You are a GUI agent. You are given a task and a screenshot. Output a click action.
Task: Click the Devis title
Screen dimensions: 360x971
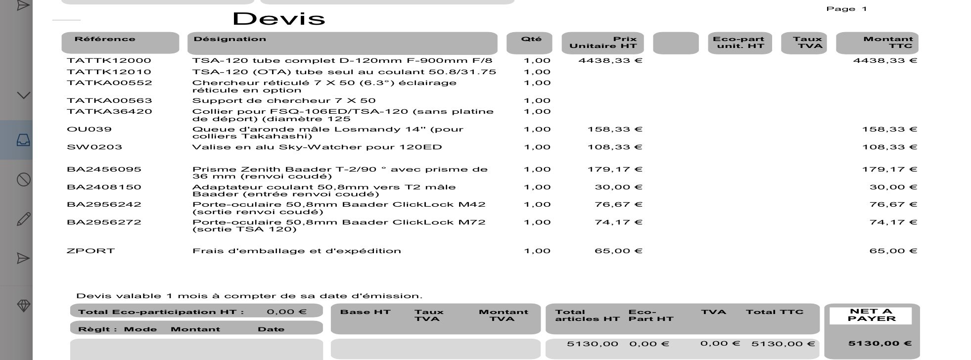point(278,19)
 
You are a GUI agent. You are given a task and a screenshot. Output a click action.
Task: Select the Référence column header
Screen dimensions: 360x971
point(105,39)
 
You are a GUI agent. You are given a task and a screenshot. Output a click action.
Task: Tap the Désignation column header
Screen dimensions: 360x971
point(230,39)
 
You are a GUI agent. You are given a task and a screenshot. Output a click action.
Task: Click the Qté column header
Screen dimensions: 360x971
point(531,39)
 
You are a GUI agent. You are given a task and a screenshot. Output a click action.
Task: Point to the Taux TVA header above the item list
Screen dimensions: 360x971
point(807,43)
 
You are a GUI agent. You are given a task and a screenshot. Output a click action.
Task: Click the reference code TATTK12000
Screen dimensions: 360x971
point(109,61)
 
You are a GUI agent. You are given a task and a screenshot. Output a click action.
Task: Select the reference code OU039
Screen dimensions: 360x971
point(89,130)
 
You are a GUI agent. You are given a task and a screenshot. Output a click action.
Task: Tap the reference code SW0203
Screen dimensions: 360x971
point(94,147)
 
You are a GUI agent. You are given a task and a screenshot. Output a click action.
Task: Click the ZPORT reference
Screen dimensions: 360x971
point(91,251)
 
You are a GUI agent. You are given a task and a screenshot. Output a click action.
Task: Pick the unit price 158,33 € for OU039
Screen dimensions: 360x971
point(614,130)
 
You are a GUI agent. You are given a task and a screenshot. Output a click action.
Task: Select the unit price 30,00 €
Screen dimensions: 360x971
point(618,187)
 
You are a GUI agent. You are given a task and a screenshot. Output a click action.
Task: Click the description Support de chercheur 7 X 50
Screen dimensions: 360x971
point(283,101)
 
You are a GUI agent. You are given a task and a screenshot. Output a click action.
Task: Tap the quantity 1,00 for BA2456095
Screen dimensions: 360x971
point(537,170)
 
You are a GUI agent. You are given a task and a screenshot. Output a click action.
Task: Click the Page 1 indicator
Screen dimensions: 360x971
point(846,9)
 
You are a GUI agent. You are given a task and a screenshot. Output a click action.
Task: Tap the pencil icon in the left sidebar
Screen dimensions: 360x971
point(23,219)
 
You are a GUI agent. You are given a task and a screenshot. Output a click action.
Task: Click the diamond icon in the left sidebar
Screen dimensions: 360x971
point(23,306)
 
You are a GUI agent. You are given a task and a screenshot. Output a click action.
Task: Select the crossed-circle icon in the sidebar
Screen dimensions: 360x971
point(23,180)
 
